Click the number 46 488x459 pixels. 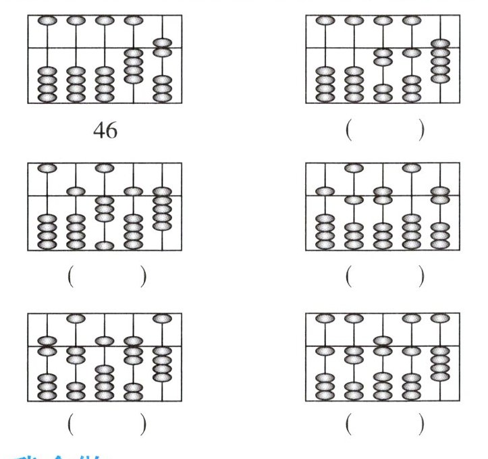[x=105, y=130]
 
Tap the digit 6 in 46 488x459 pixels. [x=111, y=130]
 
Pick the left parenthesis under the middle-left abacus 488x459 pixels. [x=70, y=277]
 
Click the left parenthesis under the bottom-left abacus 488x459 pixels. [x=70, y=423]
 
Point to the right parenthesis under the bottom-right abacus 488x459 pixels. [x=422, y=423]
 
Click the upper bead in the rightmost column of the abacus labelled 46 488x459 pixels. [x=162, y=43]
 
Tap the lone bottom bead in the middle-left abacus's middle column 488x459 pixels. [x=104, y=246]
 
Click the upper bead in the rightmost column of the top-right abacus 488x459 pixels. [x=441, y=44]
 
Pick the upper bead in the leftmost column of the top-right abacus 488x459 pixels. [x=325, y=21]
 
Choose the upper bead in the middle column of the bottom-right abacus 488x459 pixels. [x=383, y=340]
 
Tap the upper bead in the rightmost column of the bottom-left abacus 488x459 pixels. [x=162, y=318]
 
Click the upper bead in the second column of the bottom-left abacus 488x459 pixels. [x=75, y=318]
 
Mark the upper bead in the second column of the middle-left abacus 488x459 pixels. [x=75, y=191]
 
